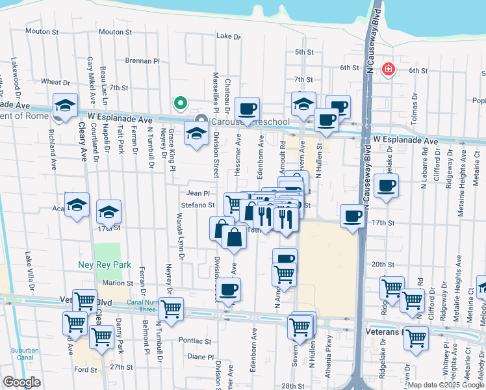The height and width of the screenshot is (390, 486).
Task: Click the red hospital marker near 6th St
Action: click(x=389, y=69)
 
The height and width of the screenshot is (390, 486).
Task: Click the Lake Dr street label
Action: click(x=228, y=36)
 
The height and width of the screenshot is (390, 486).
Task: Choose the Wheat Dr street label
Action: click(x=55, y=82)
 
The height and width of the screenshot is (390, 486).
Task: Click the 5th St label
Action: click(x=304, y=52)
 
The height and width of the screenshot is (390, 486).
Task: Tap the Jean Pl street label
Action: click(x=198, y=193)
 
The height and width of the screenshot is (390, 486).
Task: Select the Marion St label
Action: click(x=117, y=283)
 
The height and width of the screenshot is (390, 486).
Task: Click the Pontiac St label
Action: click(x=196, y=341)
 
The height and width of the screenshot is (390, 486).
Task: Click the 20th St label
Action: click(x=383, y=265)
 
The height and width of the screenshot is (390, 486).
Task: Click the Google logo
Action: click(x=21, y=382)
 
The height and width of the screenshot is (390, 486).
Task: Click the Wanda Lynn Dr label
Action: click(x=181, y=241)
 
